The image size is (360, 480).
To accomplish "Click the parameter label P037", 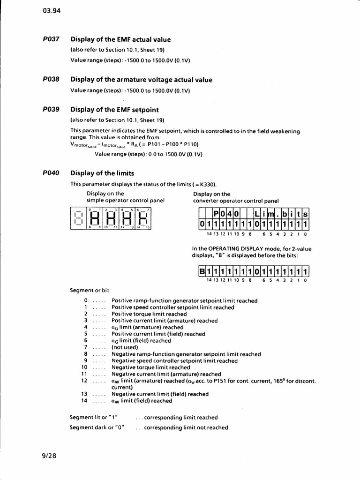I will pyautogui.click(x=51, y=39).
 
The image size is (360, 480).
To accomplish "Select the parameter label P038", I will pyautogui.click(x=51, y=80).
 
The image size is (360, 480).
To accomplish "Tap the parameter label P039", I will pyautogui.click(x=51, y=110).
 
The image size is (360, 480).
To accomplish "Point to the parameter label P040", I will pyautogui.click(x=51, y=173).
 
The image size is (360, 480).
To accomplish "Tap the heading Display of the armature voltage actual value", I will pyautogui.click(x=141, y=80).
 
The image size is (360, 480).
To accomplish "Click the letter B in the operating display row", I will pyautogui.click(x=202, y=272).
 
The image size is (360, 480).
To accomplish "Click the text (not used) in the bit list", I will pyautogui.click(x=125, y=347).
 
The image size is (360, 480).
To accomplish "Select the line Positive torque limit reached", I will pyautogui.click(x=149, y=314).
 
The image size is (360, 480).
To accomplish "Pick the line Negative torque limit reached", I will pyautogui.click(x=151, y=367).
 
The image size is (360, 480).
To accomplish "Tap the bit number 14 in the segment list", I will pyautogui.click(x=84, y=401).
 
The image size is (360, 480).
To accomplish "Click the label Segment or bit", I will pyautogui.click(x=89, y=290).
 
